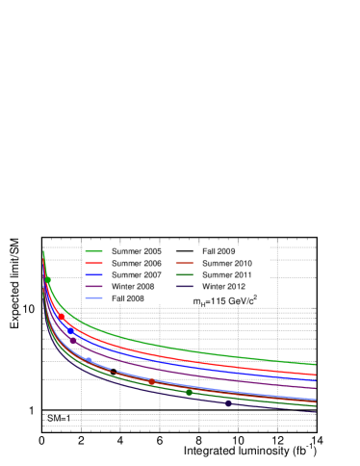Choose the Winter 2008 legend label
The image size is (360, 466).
tap(134, 286)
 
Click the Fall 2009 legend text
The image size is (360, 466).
tap(219, 251)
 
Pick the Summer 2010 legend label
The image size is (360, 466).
tap(226, 263)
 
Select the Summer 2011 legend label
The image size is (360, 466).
tap(226, 274)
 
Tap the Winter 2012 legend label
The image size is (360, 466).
tap(224, 286)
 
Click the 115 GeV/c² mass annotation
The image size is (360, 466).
tap(225, 299)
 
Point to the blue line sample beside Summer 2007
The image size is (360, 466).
tap(94, 274)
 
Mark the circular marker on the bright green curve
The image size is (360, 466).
tap(48, 279)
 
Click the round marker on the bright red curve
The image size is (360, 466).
tap(62, 316)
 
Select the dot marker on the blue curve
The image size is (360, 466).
tap(70, 330)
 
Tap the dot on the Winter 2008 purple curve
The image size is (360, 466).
tap(73, 341)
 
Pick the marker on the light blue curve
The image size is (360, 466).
tap(90, 360)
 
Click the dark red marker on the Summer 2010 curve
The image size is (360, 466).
tap(151, 381)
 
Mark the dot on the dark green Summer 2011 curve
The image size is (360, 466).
tap(189, 393)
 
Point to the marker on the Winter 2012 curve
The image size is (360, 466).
tap(228, 404)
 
